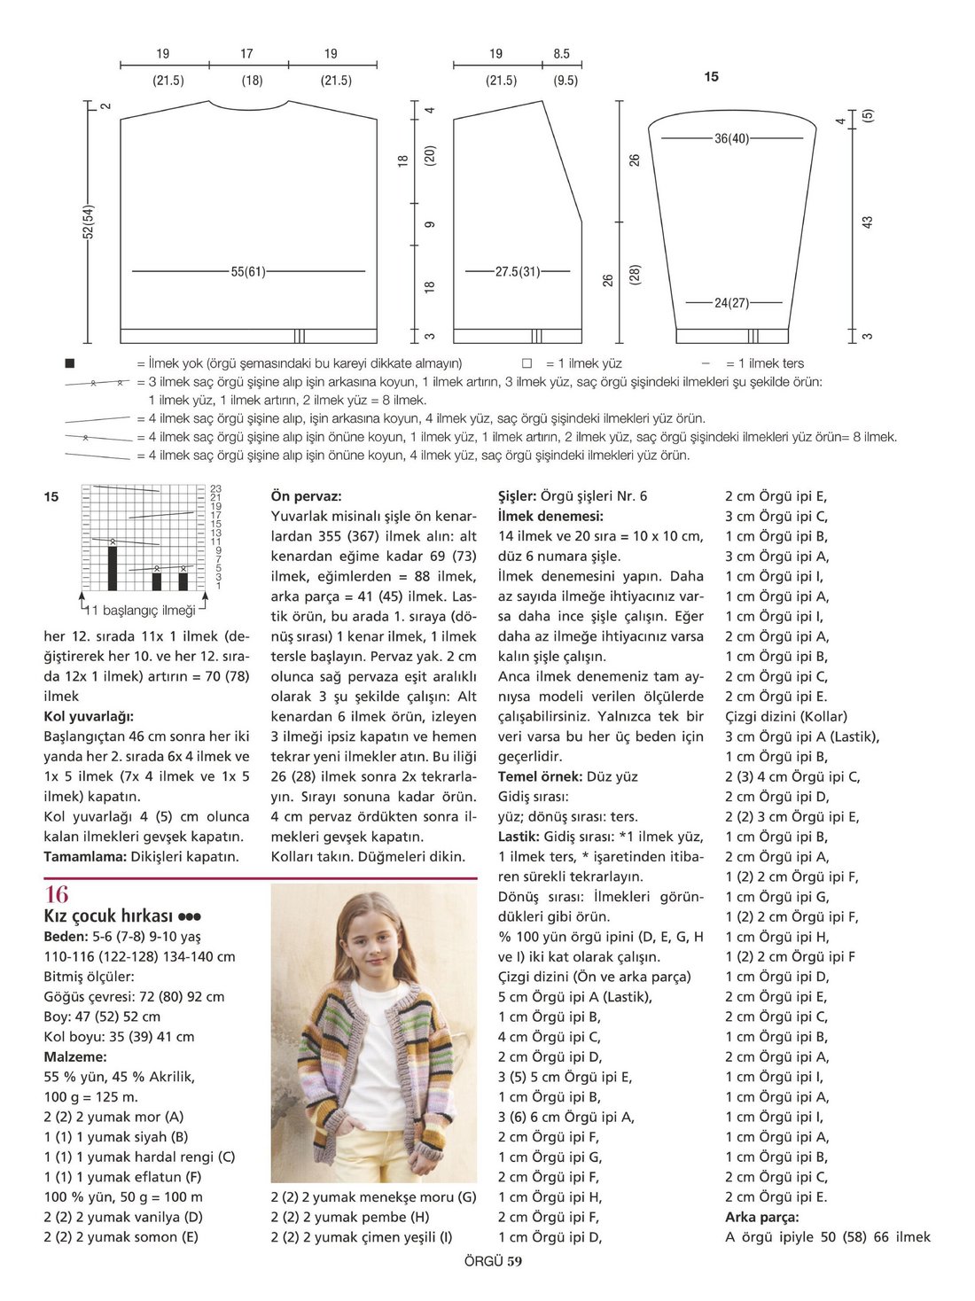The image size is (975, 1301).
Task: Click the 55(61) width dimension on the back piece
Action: click(248, 271)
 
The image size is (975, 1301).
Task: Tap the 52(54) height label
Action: click(89, 222)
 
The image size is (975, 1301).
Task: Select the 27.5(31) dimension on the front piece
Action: click(518, 271)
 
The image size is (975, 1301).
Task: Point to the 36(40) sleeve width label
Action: click(731, 138)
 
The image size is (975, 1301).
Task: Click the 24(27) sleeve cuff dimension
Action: click(731, 303)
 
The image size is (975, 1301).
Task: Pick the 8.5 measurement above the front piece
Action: click(561, 54)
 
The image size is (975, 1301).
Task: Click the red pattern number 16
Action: click(56, 894)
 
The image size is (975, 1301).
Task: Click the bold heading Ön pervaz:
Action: click(306, 496)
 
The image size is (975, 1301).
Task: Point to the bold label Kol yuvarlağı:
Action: click(89, 716)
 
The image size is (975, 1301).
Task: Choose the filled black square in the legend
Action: click(70, 363)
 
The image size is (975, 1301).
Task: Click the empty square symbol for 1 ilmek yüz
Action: click(526, 363)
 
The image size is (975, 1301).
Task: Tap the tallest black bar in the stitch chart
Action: click(113, 568)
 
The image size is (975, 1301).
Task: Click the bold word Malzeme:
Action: click(75, 1056)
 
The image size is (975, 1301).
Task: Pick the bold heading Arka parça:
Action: click(761, 1217)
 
